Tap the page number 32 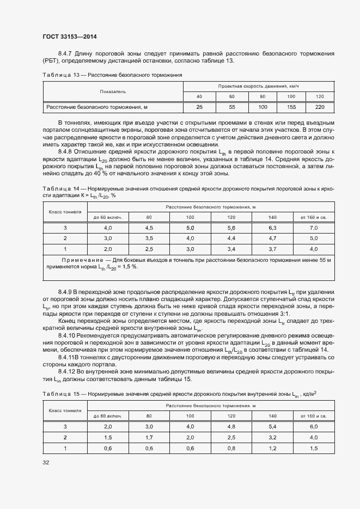[x=46, y=462]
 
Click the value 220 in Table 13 [x=320, y=107]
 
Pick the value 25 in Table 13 [x=199, y=107]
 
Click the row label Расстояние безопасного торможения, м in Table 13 [x=97, y=107]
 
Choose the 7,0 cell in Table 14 [x=313, y=228]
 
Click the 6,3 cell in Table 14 [x=273, y=228]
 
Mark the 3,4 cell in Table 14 [x=231, y=249]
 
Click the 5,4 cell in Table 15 [x=273, y=426]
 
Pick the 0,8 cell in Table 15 [x=231, y=448]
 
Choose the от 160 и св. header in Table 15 [x=313, y=415]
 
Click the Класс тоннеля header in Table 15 [x=65, y=410]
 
